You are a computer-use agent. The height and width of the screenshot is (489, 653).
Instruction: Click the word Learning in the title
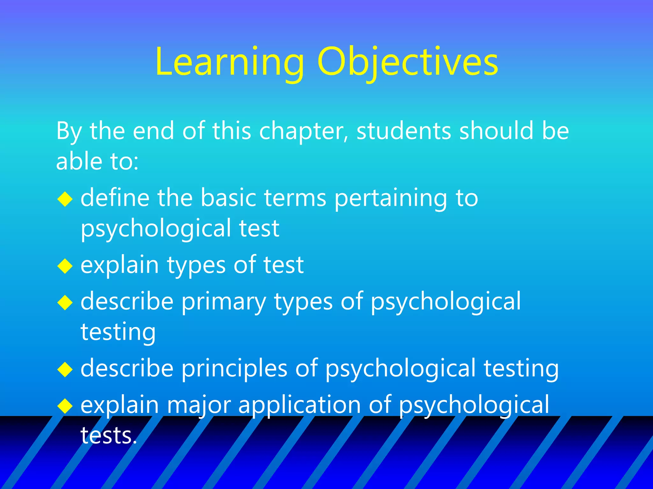coord(229,62)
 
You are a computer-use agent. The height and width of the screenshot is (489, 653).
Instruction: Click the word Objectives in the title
coord(407,62)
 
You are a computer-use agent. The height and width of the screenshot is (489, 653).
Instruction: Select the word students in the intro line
coord(403,131)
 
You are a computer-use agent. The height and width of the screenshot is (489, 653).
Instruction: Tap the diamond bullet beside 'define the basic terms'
coord(65,199)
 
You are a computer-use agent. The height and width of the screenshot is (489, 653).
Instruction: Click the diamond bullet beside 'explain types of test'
coord(65,266)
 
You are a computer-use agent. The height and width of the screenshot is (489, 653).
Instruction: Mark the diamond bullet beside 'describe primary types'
coord(65,303)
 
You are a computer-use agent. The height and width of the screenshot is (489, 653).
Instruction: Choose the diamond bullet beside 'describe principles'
coord(65,370)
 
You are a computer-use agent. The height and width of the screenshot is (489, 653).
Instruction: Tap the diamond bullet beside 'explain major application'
coord(65,406)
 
